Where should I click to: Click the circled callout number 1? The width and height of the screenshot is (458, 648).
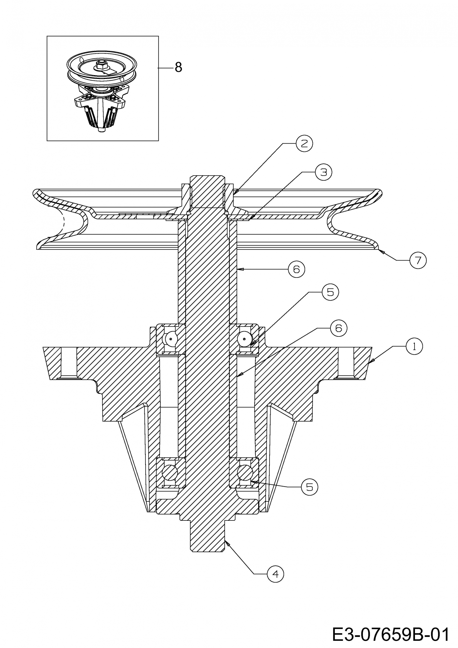(x=414, y=346)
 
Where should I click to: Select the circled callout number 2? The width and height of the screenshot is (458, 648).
(x=304, y=144)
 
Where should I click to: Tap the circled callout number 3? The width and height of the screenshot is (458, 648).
(x=324, y=172)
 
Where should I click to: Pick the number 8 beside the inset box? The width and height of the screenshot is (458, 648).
(x=178, y=67)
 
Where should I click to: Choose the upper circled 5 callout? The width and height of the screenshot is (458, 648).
(x=330, y=292)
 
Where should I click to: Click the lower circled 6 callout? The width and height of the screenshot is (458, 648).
(x=339, y=328)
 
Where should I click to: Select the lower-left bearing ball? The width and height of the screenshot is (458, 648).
(x=170, y=472)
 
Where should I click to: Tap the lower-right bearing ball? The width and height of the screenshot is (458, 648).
(x=245, y=472)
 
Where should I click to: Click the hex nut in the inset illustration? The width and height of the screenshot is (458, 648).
(x=100, y=66)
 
